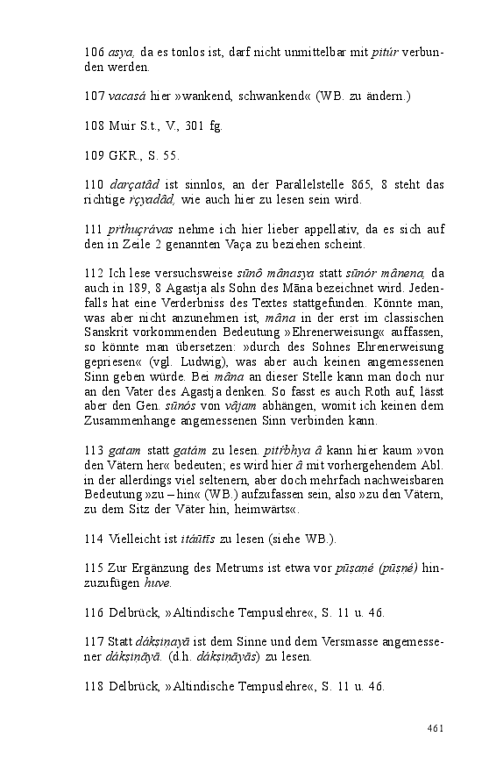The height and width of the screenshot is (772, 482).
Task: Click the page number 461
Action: point(436,728)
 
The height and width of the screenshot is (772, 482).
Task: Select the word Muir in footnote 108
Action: point(124,125)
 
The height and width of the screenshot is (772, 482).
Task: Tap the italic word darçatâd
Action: point(135,185)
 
